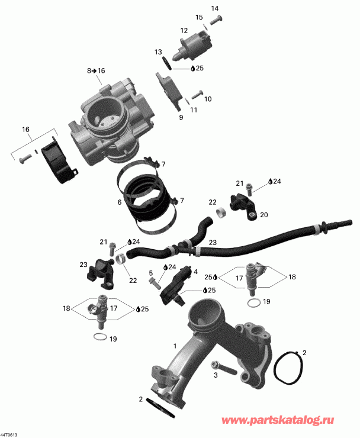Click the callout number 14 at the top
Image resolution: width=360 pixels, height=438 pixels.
click(x=214, y=8)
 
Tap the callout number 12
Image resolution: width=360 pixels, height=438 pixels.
click(x=184, y=31)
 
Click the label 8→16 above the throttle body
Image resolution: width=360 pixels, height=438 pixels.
click(x=96, y=71)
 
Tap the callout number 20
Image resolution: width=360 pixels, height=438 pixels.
click(x=264, y=215)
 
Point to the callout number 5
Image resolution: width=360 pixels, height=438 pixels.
click(x=151, y=273)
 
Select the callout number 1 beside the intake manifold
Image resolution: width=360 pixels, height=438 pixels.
click(x=175, y=344)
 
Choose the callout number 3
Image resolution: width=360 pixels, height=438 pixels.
click(x=216, y=375)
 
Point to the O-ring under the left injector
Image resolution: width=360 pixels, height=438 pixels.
click(x=101, y=337)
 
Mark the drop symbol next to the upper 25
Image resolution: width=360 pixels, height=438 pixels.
click(x=193, y=69)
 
